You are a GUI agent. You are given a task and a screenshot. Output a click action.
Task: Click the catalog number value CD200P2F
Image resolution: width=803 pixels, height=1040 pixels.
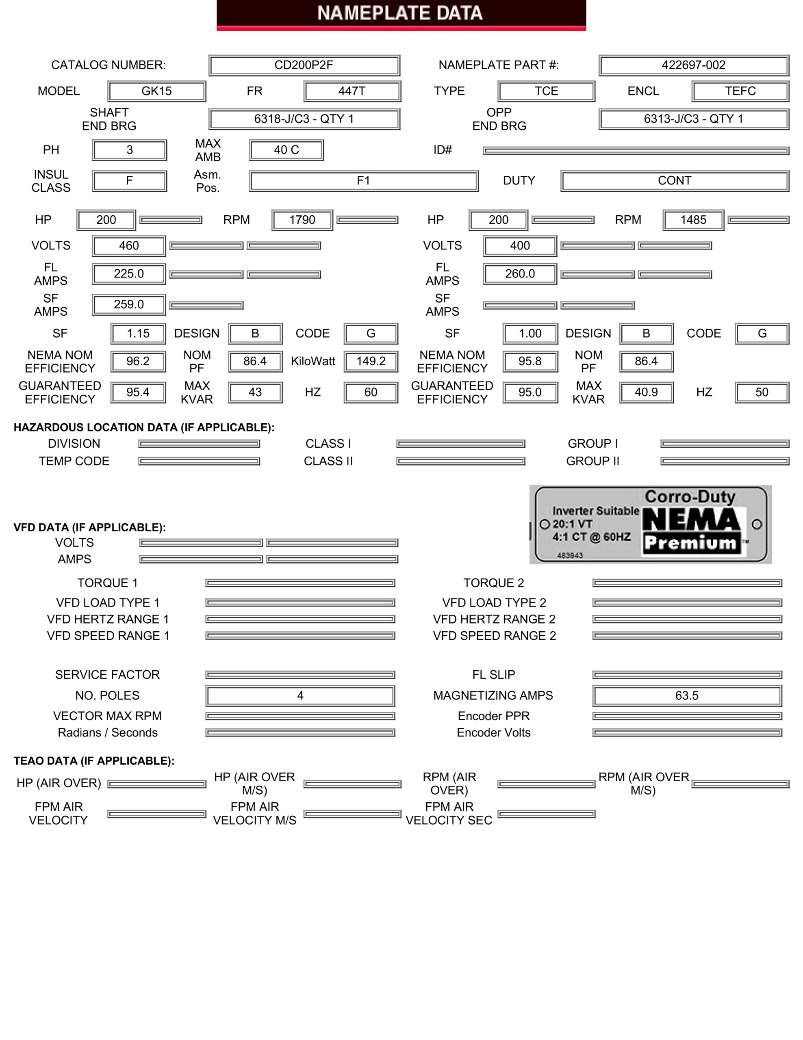click(x=304, y=65)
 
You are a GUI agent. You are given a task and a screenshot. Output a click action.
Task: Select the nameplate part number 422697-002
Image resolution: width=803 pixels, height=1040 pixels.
click(x=693, y=65)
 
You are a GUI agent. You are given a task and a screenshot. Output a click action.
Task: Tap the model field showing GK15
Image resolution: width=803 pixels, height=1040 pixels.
click(x=157, y=91)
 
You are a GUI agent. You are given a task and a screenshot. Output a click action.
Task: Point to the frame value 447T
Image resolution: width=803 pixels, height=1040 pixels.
click(x=352, y=91)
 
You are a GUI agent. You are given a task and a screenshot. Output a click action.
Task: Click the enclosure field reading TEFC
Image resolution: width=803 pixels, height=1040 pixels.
click(x=740, y=91)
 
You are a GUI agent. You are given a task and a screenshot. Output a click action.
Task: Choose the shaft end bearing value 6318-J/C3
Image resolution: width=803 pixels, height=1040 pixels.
click(x=304, y=119)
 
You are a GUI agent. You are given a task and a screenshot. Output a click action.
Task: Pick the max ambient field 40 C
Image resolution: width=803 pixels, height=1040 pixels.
click(x=286, y=150)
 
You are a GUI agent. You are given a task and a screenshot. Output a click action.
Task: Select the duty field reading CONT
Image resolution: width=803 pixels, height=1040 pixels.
click(x=675, y=181)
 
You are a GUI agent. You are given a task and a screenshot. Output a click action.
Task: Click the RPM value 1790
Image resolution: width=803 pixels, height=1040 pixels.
click(x=302, y=220)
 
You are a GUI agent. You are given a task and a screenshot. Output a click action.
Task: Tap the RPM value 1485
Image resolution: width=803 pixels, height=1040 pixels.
click(x=693, y=220)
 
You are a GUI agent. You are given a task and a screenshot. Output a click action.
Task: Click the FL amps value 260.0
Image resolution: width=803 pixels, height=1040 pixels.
click(x=520, y=274)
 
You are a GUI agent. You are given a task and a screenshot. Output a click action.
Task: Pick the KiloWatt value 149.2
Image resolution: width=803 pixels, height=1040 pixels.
click(x=371, y=362)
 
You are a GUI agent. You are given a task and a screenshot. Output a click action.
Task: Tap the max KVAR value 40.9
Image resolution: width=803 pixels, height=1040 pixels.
click(x=646, y=392)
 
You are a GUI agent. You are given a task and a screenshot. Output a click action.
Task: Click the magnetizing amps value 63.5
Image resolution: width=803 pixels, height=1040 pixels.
click(x=687, y=696)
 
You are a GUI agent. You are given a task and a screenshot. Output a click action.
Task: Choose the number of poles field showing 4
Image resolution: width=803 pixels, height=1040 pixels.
click(x=300, y=696)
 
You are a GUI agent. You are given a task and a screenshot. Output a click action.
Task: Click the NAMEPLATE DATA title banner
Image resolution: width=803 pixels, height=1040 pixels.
click(x=401, y=14)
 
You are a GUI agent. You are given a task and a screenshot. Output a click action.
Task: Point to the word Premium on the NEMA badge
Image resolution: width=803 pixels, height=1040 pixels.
click(x=690, y=543)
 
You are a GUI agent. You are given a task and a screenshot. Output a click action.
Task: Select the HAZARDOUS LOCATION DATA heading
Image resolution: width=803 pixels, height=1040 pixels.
click(x=144, y=428)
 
